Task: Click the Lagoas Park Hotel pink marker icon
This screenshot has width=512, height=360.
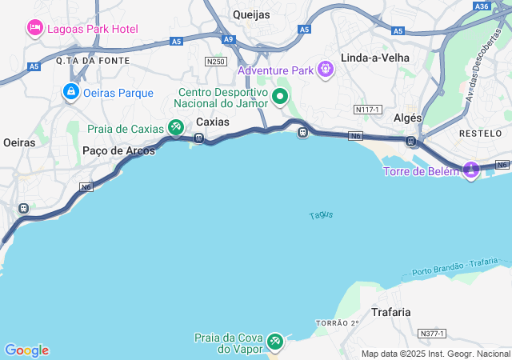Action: click(x=35, y=29)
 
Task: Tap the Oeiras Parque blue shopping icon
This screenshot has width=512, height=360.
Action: click(x=71, y=93)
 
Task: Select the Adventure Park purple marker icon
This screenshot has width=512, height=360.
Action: click(x=325, y=70)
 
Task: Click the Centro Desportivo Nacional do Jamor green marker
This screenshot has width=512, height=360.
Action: click(x=280, y=98)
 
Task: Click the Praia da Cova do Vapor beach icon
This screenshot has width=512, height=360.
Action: click(x=275, y=342)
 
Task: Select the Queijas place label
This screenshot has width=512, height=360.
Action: click(x=251, y=14)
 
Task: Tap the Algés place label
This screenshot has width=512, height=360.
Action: click(x=408, y=118)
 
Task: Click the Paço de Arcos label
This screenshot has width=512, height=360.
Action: click(x=113, y=150)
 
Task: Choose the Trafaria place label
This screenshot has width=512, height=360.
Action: click(x=391, y=312)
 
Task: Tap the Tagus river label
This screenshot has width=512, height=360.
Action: click(x=321, y=215)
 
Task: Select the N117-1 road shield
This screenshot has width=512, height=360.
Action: click(x=367, y=108)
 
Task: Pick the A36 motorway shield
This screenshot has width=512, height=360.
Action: click(x=482, y=6)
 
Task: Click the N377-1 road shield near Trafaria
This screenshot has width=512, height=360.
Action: click(x=432, y=333)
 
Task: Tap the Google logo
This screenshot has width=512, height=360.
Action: click(x=26, y=350)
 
